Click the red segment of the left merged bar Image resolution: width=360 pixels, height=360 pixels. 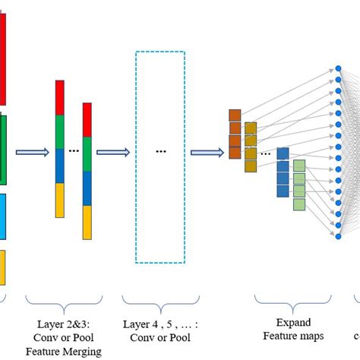click(60, 96)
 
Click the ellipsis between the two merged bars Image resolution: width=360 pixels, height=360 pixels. click(74, 150)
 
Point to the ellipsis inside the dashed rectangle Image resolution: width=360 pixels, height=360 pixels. click(160, 151)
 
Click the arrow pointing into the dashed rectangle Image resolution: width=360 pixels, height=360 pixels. click(112, 152)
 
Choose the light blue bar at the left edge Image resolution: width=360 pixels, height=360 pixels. click(2, 216)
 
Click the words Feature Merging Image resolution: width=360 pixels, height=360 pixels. click(63, 351)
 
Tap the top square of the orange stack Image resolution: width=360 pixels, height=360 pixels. click(235, 115)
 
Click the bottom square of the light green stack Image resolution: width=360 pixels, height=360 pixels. click(299, 204)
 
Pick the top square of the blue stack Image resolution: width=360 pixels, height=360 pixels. click(283, 154)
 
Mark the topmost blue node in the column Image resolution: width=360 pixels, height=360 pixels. click(338, 69)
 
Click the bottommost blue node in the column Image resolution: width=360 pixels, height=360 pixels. click(338, 236)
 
